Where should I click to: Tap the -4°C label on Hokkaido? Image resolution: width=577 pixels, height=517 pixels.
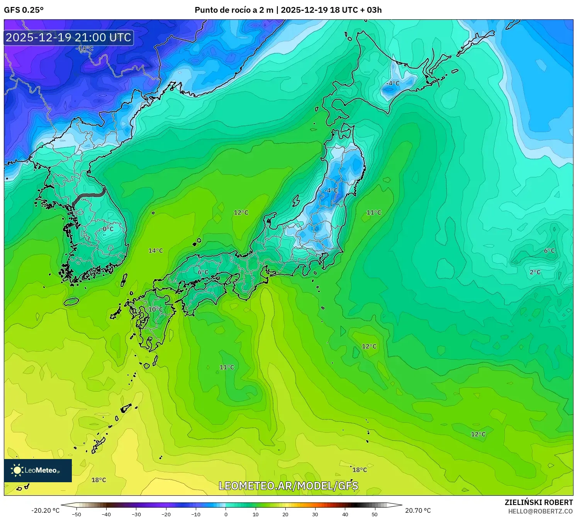393,83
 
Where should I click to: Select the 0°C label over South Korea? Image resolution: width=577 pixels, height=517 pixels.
108,229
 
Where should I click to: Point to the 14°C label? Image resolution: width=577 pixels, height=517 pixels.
156,251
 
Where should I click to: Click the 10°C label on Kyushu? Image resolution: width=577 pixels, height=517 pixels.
156,310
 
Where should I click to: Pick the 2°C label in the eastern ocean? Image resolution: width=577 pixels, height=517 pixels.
535,272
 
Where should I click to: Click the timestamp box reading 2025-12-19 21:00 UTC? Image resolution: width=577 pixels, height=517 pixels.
69,38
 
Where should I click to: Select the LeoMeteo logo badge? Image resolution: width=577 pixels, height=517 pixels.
38,470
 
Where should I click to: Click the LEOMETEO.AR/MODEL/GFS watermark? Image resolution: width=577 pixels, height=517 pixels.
288,486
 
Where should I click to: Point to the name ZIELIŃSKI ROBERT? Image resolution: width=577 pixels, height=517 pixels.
539,502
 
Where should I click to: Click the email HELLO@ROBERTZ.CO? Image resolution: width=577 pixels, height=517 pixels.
540,511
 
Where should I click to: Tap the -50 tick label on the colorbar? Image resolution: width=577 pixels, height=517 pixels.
76,514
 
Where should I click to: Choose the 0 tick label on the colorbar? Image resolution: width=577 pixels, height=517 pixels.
226,514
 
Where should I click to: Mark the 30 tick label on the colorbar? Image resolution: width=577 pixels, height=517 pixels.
315,514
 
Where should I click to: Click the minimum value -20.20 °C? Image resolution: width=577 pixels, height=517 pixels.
46,510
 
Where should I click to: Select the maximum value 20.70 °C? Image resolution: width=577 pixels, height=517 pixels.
418,510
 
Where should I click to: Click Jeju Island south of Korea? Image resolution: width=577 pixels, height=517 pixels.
71,301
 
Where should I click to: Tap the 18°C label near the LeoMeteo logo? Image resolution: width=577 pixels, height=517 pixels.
98,480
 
